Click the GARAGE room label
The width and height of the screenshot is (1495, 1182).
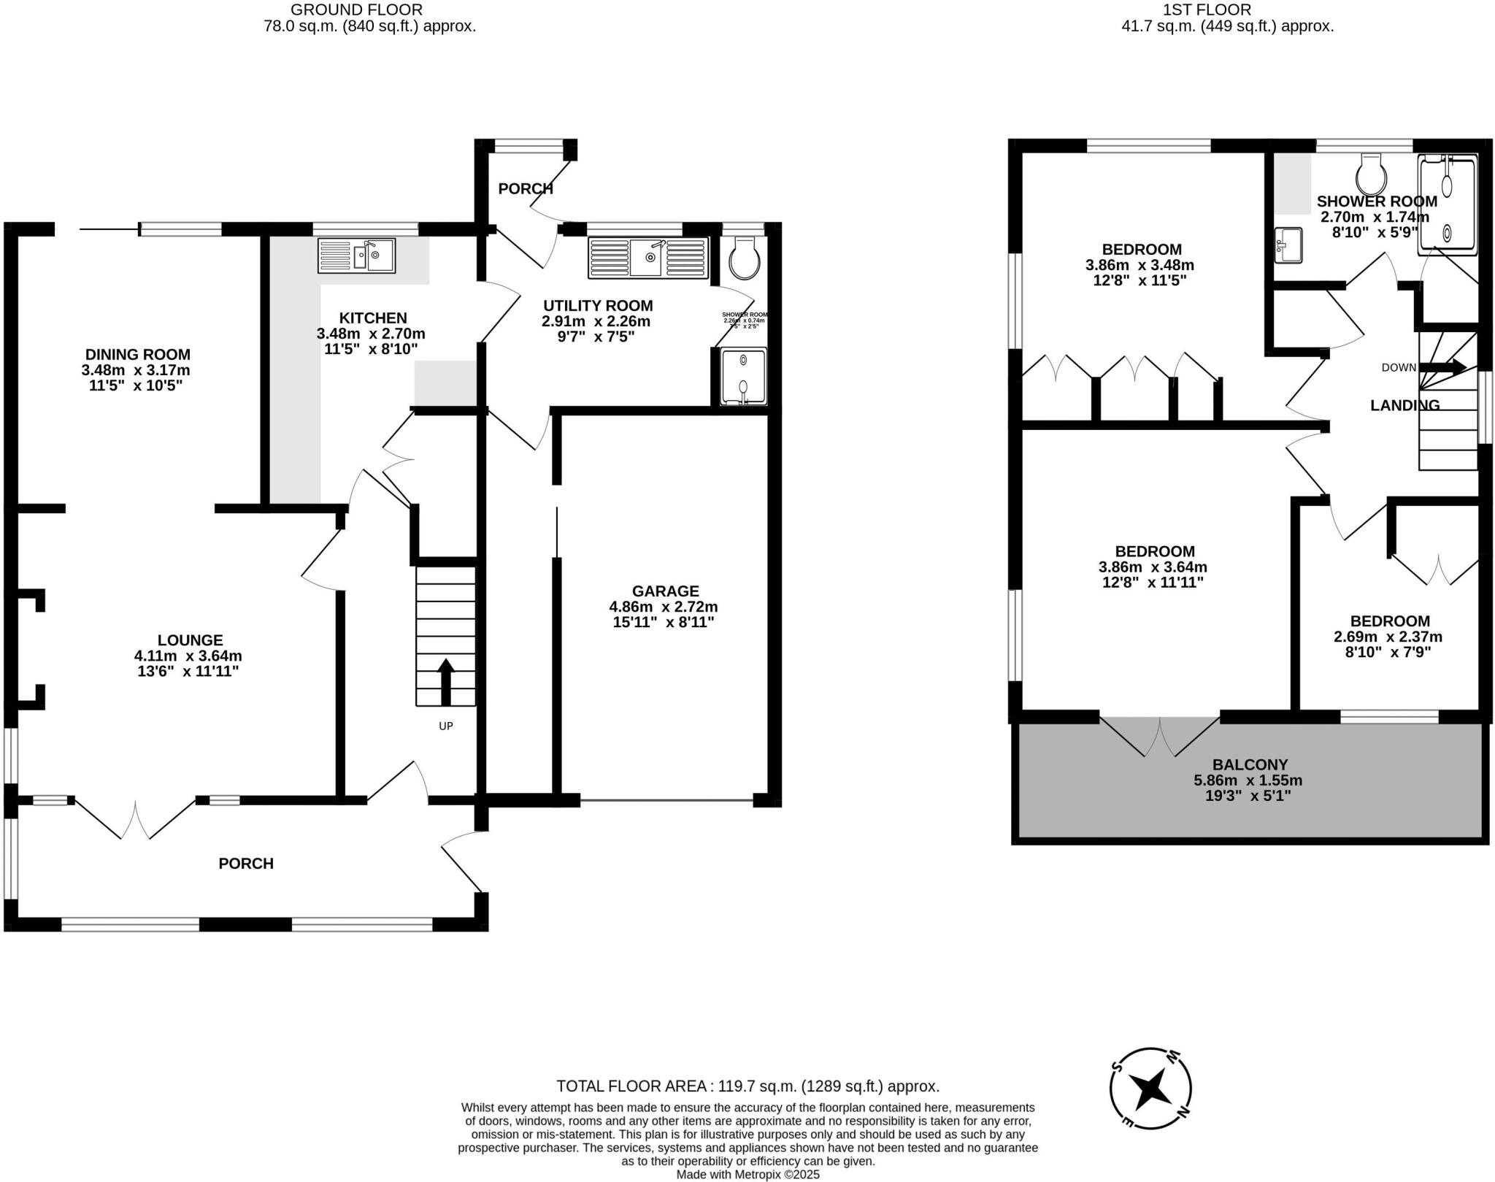[x=665, y=591]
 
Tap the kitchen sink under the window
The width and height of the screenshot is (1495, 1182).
[x=356, y=256]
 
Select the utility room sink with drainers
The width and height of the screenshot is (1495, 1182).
[x=648, y=258]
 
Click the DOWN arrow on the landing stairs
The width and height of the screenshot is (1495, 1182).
[x=1443, y=367]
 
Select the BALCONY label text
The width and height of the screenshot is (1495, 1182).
[x=1250, y=764]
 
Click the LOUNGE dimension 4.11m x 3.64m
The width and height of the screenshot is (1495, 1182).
[x=188, y=656]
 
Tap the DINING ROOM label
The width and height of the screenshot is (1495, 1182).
[x=137, y=354]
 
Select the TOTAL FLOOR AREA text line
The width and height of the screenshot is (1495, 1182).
[x=747, y=1086]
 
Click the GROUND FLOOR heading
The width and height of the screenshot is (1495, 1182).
[x=356, y=9]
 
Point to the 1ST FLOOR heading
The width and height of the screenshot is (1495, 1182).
[x=1226, y=9]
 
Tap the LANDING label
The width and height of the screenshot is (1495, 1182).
[x=1404, y=405]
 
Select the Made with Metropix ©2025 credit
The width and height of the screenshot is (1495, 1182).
[x=747, y=1174]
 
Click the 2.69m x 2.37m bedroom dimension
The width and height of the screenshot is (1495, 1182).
[x=1388, y=637]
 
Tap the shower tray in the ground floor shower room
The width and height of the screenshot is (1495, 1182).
[x=744, y=376]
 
